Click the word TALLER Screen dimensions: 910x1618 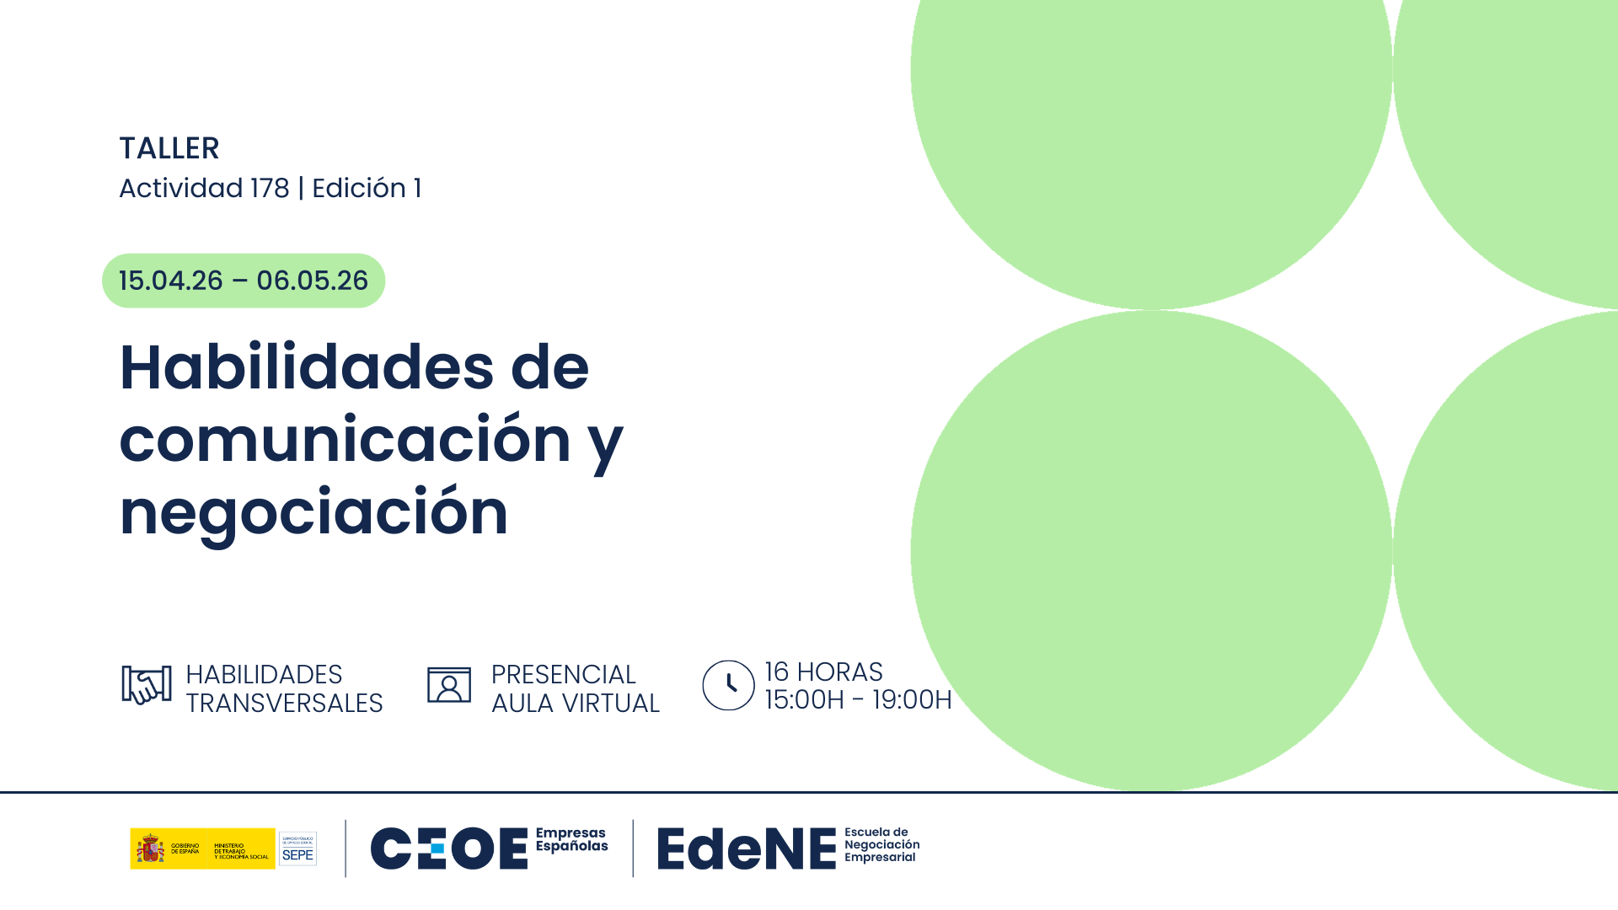pos(169,148)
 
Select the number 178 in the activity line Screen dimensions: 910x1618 pos(270,188)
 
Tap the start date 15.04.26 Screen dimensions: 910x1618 pos(171,281)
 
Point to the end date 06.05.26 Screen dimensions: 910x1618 pos(312,281)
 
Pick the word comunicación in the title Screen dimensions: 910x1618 pos(346,440)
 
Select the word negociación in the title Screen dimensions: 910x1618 pos(313,512)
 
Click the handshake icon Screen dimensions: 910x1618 pos(147,685)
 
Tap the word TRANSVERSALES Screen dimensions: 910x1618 pos(284,703)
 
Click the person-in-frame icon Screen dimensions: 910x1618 pos(448,685)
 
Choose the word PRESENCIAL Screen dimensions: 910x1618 pos(563,674)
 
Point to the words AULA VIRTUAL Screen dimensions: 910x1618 pos(575,703)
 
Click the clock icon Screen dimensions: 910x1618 pos(728,685)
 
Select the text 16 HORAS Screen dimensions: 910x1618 pos(823,672)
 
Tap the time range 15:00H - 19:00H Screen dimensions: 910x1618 pos(858,699)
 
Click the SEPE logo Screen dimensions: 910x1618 pos(297,848)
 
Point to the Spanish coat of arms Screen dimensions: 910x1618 pos(151,848)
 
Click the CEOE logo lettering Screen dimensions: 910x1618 pos(448,848)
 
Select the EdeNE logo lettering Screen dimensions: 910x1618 pos(746,848)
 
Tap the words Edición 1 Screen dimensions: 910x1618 pos(367,188)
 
